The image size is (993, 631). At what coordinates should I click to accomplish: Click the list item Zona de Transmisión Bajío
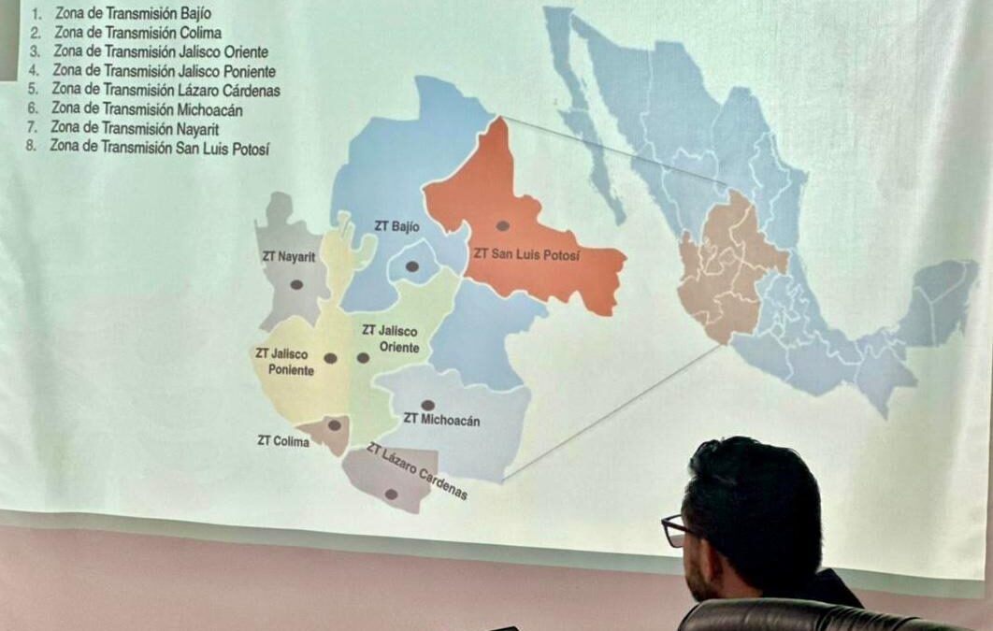131,14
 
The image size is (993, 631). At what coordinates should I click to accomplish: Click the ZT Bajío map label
396,226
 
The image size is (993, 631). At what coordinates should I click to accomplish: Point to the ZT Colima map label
282,440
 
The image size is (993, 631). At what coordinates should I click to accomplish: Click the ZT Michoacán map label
441,420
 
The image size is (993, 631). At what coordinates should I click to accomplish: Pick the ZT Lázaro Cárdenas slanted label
417,471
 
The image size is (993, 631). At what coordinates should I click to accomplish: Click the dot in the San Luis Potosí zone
502,225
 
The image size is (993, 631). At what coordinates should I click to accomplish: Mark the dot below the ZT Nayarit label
296,284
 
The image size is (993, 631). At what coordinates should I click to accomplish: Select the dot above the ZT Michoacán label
427,405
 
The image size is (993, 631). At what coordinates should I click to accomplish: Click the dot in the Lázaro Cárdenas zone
391,494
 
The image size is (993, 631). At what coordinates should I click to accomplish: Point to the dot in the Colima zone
334,425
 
